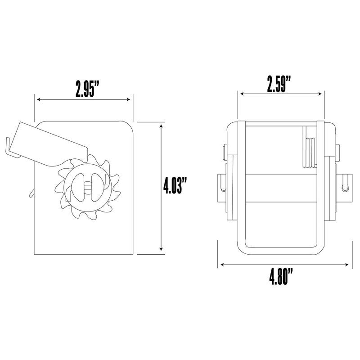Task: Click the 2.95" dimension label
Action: click(x=87, y=89)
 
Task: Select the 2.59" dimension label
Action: click(x=279, y=84)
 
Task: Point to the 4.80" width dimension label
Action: click(x=281, y=277)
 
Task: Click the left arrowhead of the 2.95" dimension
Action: click(x=39, y=99)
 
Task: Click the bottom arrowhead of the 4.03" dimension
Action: click(x=161, y=249)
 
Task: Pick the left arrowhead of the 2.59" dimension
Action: click(x=242, y=94)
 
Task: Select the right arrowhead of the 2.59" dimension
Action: click(x=320, y=94)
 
